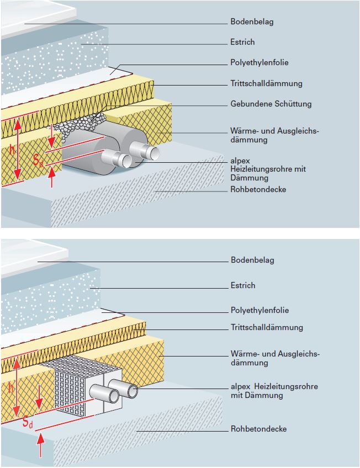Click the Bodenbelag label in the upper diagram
point(252,22)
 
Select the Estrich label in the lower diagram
point(243,285)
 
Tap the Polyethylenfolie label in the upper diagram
point(260,62)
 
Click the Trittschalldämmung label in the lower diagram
point(267,327)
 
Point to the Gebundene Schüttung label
point(271,104)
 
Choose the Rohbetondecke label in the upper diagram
point(258,189)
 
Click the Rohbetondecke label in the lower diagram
point(259,429)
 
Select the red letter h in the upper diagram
point(12,150)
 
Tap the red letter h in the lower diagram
point(11,388)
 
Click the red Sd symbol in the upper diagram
point(38,161)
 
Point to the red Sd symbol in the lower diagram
point(28,422)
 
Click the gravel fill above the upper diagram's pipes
point(81,124)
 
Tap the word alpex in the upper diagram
point(240,161)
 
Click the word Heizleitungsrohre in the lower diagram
point(286,386)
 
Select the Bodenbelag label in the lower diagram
point(252,260)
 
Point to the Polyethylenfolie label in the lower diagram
point(260,310)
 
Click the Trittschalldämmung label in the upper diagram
point(266,83)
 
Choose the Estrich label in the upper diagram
point(242,42)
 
